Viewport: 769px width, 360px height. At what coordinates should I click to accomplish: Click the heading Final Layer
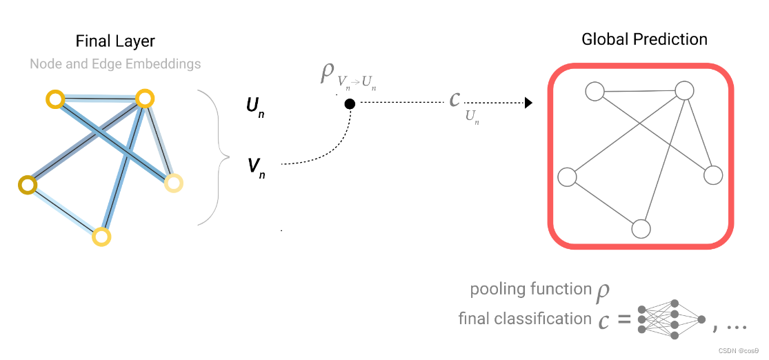pos(115,41)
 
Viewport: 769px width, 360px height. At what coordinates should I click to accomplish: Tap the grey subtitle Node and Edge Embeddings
pos(115,64)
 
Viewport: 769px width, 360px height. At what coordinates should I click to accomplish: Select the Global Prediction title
pos(644,39)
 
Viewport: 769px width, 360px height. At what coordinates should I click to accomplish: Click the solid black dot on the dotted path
pos(350,103)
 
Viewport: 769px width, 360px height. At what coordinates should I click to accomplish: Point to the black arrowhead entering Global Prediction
pos(528,103)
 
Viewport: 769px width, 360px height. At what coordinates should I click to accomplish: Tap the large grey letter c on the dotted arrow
pos(454,99)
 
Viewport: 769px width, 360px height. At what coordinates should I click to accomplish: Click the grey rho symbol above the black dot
pos(327,72)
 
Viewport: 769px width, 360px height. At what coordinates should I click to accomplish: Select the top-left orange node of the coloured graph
pos(54,99)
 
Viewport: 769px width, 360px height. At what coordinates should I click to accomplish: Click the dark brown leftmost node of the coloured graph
pos(27,185)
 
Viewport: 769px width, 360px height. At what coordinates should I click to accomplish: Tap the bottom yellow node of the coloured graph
pos(101,237)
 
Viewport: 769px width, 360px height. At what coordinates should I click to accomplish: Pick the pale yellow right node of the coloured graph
pos(174,183)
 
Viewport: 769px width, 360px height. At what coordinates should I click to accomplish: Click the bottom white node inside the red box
pos(641,229)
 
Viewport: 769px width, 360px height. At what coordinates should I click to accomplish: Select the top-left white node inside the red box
pos(595,91)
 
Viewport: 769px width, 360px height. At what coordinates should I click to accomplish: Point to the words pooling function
pos(530,289)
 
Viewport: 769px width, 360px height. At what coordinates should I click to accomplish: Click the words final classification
pos(524,319)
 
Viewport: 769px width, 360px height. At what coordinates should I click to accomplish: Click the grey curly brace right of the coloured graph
pos(214,157)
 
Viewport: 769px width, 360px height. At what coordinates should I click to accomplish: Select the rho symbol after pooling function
pos(603,291)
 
